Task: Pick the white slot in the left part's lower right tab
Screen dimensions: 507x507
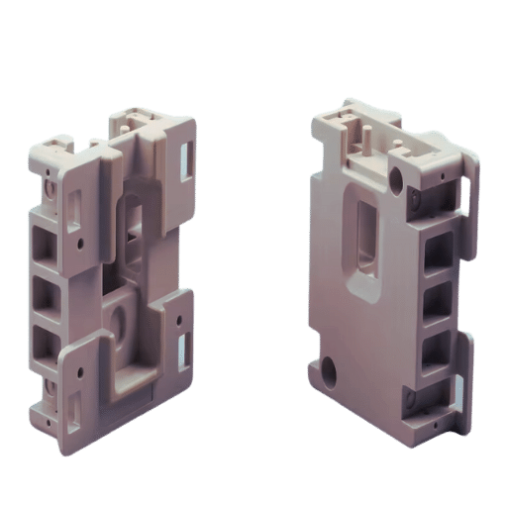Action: pos(182,346)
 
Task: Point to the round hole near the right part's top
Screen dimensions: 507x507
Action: pos(397,179)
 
